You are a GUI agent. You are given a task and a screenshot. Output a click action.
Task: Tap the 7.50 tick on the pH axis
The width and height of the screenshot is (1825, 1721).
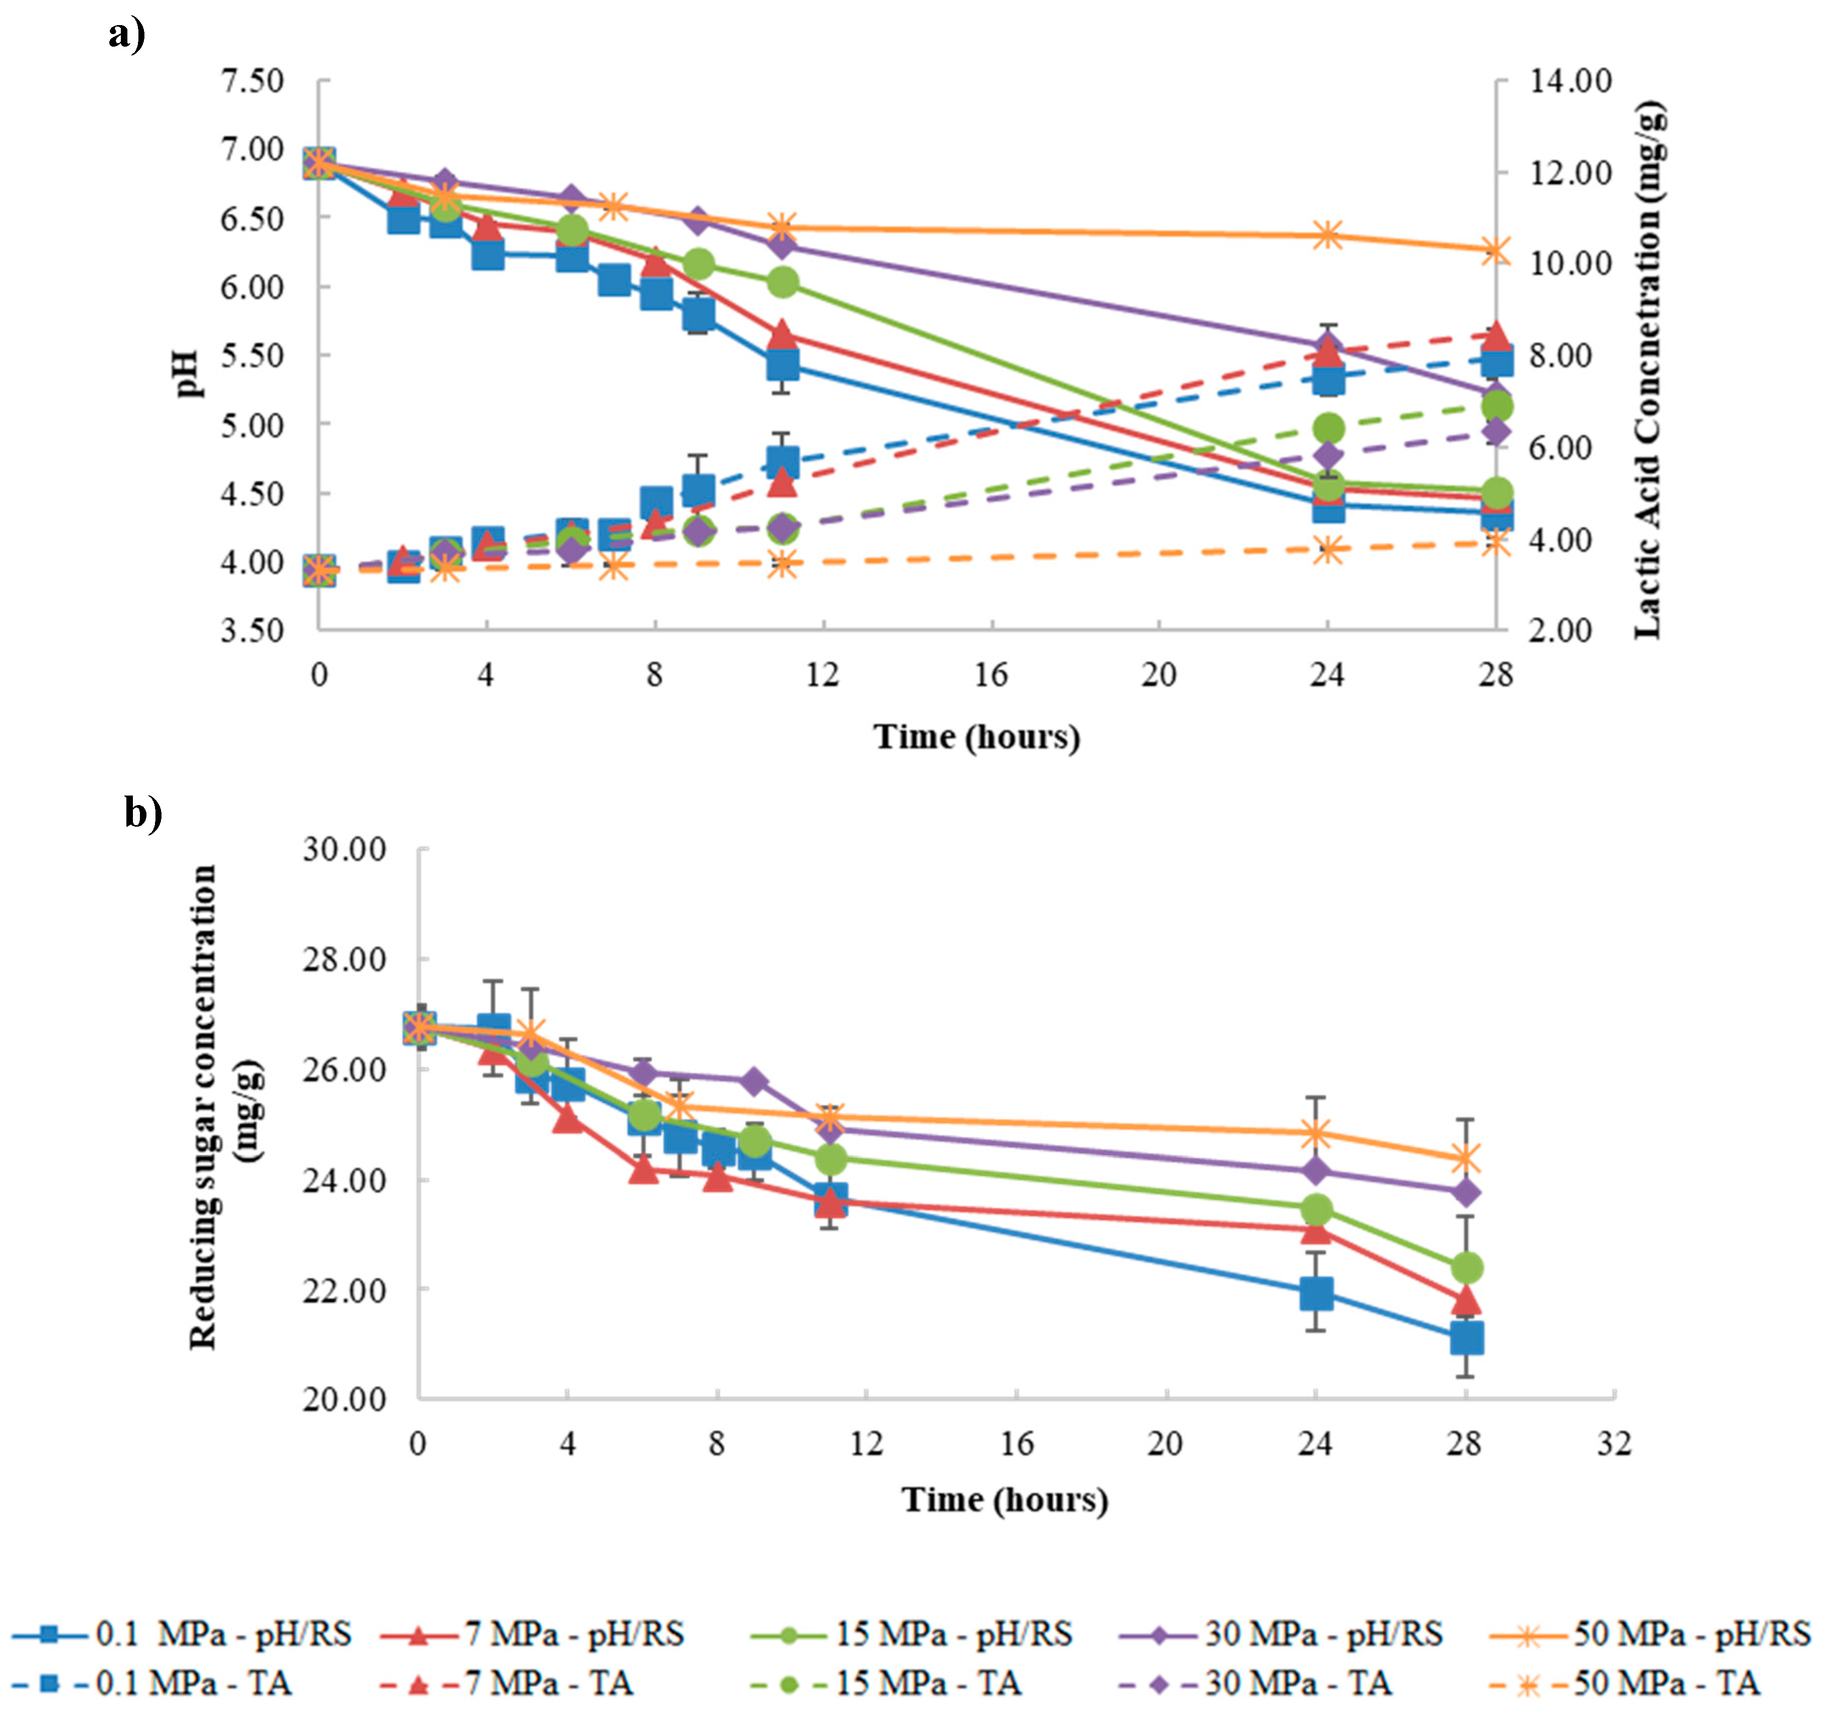(252, 81)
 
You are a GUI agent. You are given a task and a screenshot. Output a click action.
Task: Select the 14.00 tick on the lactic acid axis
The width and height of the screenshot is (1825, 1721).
(1570, 81)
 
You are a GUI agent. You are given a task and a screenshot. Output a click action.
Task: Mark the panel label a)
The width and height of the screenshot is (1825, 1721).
(127, 35)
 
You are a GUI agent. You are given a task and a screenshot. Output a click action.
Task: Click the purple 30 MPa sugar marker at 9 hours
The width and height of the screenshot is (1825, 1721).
(755, 1082)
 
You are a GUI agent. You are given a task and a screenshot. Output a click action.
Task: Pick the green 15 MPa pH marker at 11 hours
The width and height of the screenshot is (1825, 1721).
(783, 282)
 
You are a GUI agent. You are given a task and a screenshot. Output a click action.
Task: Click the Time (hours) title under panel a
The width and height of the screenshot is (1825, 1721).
(977, 736)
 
